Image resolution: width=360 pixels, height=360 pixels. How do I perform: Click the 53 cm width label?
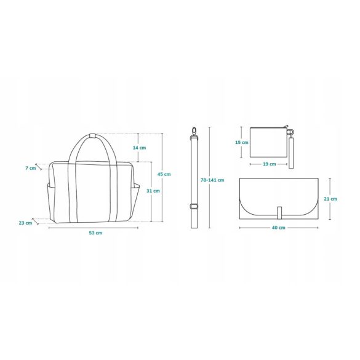pyautogui.click(x=95, y=233)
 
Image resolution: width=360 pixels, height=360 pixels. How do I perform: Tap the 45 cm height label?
pyautogui.click(x=164, y=174)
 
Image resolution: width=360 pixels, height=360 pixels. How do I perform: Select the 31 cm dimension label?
pyautogui.click(x=153, y=191)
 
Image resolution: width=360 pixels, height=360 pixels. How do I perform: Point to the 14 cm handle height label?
pyautogui.click(x=139, y=148)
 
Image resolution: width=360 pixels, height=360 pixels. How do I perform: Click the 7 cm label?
pyautogui.click(x=31, y=168)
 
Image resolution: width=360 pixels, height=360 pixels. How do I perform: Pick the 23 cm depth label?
pyautogui.click(x=25, y=223)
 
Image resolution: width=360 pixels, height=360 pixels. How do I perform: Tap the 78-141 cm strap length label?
pyautogui.click(x=212, y=180)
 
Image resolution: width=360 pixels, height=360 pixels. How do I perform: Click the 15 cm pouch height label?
pyautogui.click(x=241, y=142)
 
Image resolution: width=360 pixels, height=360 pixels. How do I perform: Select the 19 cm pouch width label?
pyautogui.click(x=270, y=164)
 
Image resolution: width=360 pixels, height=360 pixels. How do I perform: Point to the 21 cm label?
pyautogui.click(x=330, y=199)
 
